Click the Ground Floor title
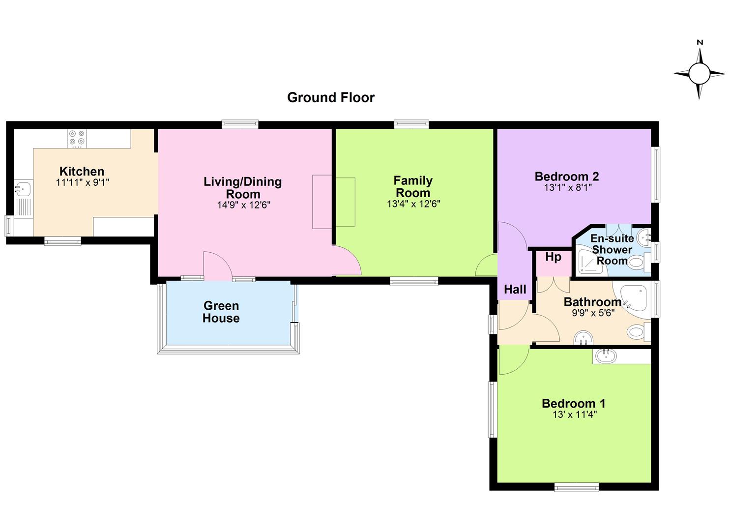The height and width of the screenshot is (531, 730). pyautogui.click(x=331, y=97)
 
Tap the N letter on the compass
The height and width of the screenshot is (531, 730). pyautogui.click(x=700, y=51)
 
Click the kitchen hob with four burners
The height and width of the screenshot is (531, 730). pyautogui.click(x=77, y=138)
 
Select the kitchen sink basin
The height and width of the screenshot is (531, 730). pyautogui.click(x=23, y=188)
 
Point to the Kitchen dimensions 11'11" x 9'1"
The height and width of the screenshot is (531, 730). pyautogui.click(x=83, y=182)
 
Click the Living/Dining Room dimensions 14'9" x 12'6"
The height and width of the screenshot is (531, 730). pyautogui.click(x=244, y=205)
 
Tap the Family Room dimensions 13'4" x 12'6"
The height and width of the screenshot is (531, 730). pyautogui.click(x=413, y=204)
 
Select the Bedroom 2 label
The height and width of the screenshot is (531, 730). pyautogui.click(x=567, y=177)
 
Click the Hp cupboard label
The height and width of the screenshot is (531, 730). pyautogui.click(x=553, y=257)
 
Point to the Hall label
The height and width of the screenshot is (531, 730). pyautogui.click(x=515, y=289)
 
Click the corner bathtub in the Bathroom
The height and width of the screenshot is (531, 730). pyautogui.click(x=632, y=299)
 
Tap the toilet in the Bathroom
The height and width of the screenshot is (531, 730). pyautogui.click(x=639, y=332)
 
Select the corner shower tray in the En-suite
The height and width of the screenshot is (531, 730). pyautogui.click(x=590, y=263)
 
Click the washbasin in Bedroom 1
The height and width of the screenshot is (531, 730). pyautogui.click(x=606, y=356)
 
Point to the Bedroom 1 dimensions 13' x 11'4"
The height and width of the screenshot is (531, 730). pyautogui.click(x=575, y=414)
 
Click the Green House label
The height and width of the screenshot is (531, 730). pyautogui.click(x=221, y=312)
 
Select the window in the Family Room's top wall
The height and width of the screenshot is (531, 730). pyautogui.click(x=411, y=124)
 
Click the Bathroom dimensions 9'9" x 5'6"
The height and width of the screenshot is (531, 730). pyautogui.click(x=593, y=313)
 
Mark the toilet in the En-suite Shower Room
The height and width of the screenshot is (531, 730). pyautogui.click(x=639, y=263)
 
